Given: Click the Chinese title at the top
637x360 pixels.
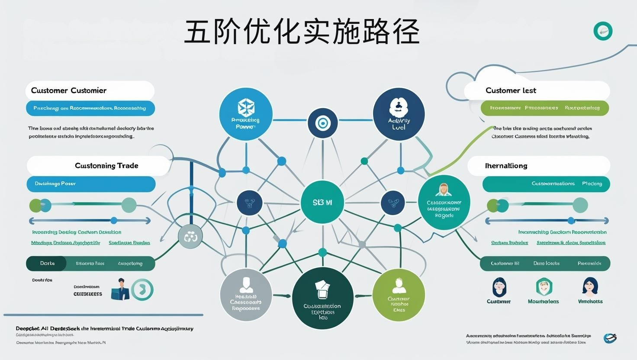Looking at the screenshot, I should tap(302, 32).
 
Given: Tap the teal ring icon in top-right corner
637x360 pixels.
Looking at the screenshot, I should tap(603, 31).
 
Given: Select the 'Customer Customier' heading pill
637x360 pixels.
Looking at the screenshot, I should tap(90, 90).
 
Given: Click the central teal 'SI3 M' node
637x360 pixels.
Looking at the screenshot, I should tap(322, 202).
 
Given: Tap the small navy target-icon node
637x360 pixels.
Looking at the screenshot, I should tap(322, 123).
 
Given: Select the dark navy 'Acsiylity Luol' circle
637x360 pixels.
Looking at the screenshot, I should tap(399, 115).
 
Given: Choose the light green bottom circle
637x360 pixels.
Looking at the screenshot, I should tap(398, 295).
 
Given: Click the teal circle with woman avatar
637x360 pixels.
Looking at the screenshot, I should tap(444, 202).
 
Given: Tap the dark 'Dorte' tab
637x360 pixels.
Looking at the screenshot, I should tap(47, 264).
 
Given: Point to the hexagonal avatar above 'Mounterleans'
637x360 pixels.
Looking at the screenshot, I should tap(544, 286).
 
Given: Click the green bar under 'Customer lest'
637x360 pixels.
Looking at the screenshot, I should tap(544, 108).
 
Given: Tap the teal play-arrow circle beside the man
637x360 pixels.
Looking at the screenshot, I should tap(142, 289).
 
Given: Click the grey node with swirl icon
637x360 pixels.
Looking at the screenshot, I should tap(190, 236).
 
